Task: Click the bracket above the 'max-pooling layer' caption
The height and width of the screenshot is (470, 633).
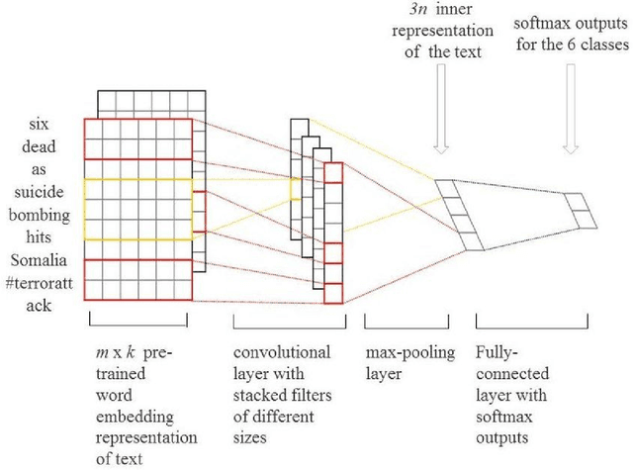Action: [x=395, y=322]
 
